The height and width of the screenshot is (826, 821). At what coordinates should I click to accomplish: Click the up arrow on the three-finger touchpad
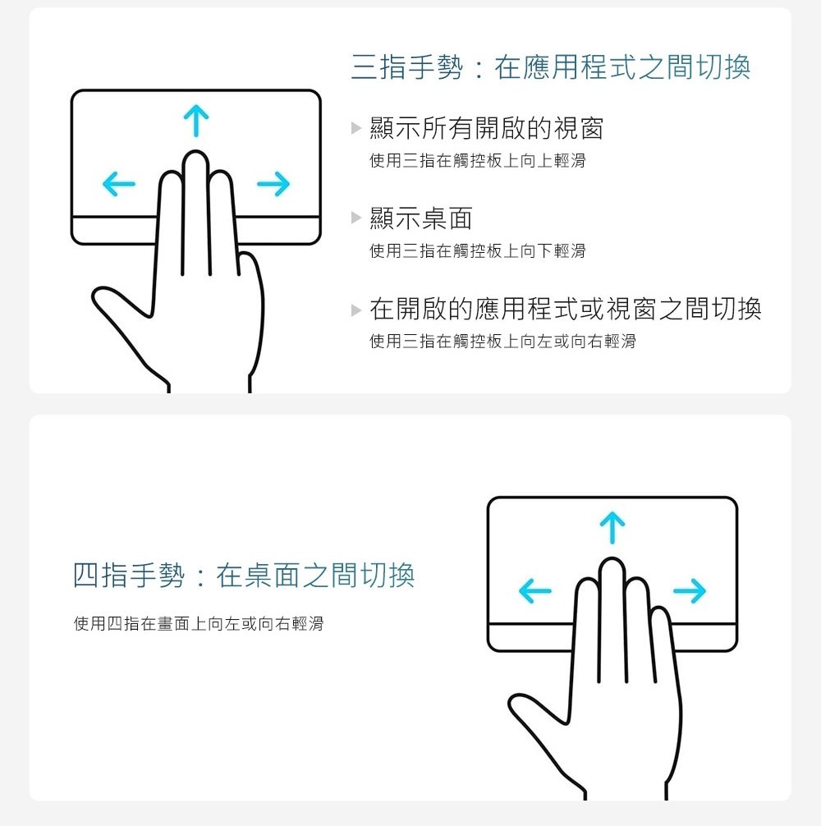click(x=196, y=121)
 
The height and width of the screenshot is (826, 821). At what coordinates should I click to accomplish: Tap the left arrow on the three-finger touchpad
click(x=119, y=183)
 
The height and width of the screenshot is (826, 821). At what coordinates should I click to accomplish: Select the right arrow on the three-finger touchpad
click(x=273, y=183)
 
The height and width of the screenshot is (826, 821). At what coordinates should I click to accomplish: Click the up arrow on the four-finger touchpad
click(x=612, y=527)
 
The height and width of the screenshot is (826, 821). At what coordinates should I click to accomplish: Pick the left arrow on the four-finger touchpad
click(x=535, y=590)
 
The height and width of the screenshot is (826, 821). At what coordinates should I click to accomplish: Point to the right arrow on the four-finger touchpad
click(x=690, y=590)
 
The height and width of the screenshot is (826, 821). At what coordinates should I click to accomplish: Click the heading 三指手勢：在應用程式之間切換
click(x=550, y=67)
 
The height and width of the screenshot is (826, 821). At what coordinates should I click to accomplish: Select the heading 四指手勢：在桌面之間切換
click(x=243, y=575)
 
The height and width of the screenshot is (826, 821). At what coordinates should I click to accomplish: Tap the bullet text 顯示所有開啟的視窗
click(x=487, y=128)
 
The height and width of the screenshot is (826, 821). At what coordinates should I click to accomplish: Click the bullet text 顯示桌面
click(x=421, y=218)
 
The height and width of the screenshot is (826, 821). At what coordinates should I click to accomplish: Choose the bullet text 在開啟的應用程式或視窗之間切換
click(x=566, y=309)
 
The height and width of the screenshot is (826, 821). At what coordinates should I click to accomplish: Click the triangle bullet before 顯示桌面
click(x=356, y=218)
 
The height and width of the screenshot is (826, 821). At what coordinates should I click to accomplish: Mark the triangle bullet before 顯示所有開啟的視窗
click(x=356, y=127)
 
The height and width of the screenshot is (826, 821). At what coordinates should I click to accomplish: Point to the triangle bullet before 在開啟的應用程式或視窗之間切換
click(x=356, y=310)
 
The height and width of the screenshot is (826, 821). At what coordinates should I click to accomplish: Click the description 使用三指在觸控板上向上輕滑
click(x=478, y=161)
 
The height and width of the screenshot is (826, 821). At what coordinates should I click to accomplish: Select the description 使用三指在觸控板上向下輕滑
click(x=478, y=250)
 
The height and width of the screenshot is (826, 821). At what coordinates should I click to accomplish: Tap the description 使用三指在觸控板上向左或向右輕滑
click(x=503, y=342)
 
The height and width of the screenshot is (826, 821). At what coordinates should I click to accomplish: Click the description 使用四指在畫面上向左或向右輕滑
click(x=199, y=624)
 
